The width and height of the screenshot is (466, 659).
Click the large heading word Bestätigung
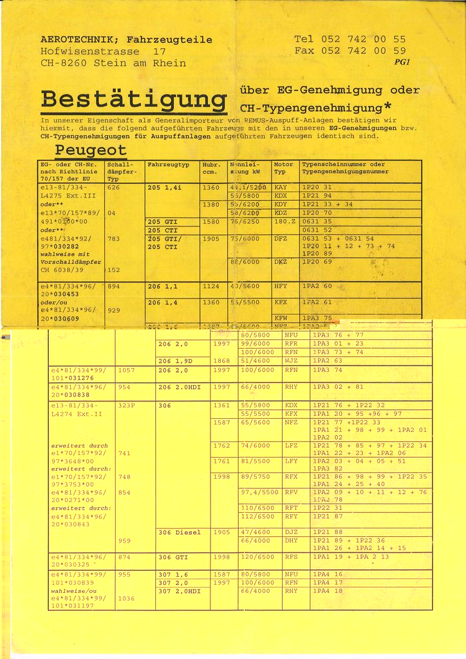134,100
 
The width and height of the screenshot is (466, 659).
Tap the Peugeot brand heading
91,150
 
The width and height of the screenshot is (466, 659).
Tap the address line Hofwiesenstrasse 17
103,51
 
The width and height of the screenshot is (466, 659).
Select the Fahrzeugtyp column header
168,165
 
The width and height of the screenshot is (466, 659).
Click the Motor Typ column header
283,168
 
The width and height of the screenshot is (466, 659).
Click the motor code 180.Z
284,221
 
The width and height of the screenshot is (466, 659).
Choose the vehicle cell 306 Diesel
179,532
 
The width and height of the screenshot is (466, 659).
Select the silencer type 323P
127,406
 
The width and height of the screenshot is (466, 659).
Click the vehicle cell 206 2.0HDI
180,387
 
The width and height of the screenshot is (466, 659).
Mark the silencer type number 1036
127,598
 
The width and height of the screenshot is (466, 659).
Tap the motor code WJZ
291,361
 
